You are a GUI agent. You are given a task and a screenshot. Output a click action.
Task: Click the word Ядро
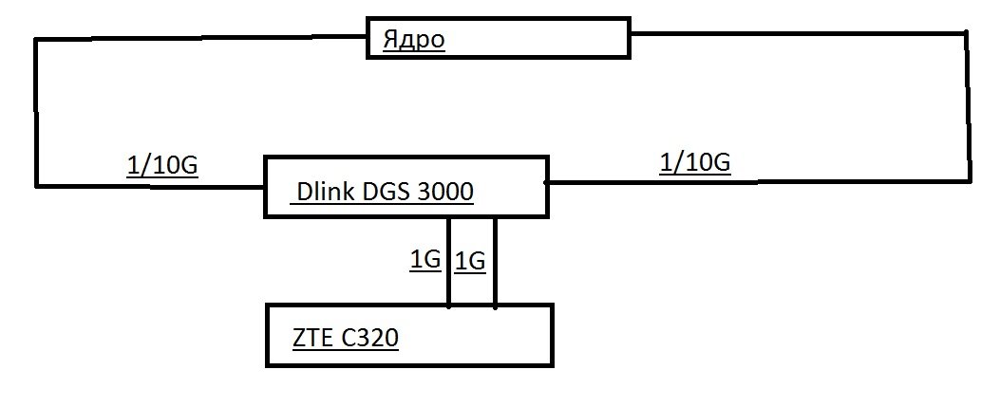[414, 40]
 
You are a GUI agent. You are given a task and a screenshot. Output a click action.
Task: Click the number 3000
[445, 191]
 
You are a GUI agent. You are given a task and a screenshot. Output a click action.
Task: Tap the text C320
[370, 338]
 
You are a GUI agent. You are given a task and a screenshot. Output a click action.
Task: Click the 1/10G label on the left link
[162, 166]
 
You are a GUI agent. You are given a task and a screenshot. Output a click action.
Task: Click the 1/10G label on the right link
[694, 163]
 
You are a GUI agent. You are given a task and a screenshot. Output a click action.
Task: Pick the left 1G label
[425, 260]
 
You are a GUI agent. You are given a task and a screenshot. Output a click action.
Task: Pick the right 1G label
[470, 262]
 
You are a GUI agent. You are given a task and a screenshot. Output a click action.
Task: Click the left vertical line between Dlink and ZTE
[449, 261]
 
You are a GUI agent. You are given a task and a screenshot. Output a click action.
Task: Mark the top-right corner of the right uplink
[967, 32]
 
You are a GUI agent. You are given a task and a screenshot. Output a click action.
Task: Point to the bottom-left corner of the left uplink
[37, 186]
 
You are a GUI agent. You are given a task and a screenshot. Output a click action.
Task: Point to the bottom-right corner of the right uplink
[970, 181]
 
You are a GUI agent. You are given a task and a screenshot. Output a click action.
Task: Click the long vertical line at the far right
[968, 106]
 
